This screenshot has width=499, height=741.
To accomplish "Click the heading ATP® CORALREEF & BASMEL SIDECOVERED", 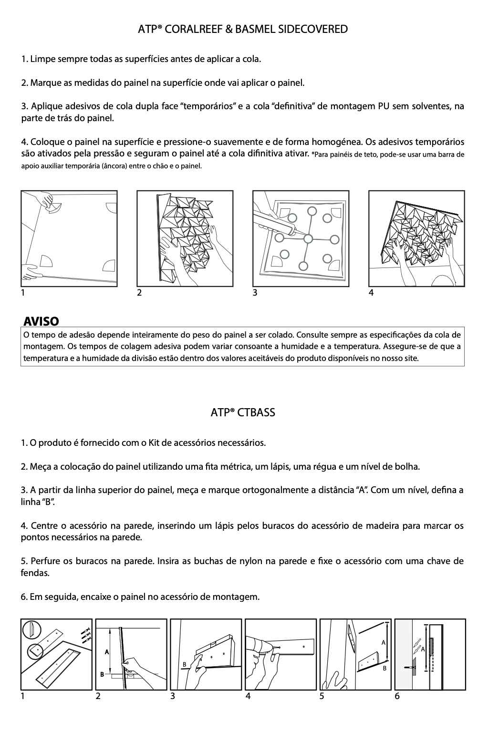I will [243, 30].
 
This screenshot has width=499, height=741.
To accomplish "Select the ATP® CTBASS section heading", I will [243, 412].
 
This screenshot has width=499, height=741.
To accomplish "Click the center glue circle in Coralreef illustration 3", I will [308, 238].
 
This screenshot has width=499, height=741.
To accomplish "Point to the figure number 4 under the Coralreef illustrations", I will [371, 293].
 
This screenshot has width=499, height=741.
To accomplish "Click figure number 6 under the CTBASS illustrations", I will [397, 696].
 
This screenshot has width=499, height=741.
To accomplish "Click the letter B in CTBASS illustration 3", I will [184, 664].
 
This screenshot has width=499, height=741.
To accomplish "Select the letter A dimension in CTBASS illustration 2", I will [107, 651].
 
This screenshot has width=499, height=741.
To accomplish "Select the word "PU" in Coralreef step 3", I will [383, 106].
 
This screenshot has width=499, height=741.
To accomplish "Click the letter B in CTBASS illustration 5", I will [383, 669].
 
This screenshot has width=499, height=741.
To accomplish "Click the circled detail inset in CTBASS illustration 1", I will [34, 649].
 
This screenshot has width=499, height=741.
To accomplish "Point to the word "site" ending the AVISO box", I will [410, 358].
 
